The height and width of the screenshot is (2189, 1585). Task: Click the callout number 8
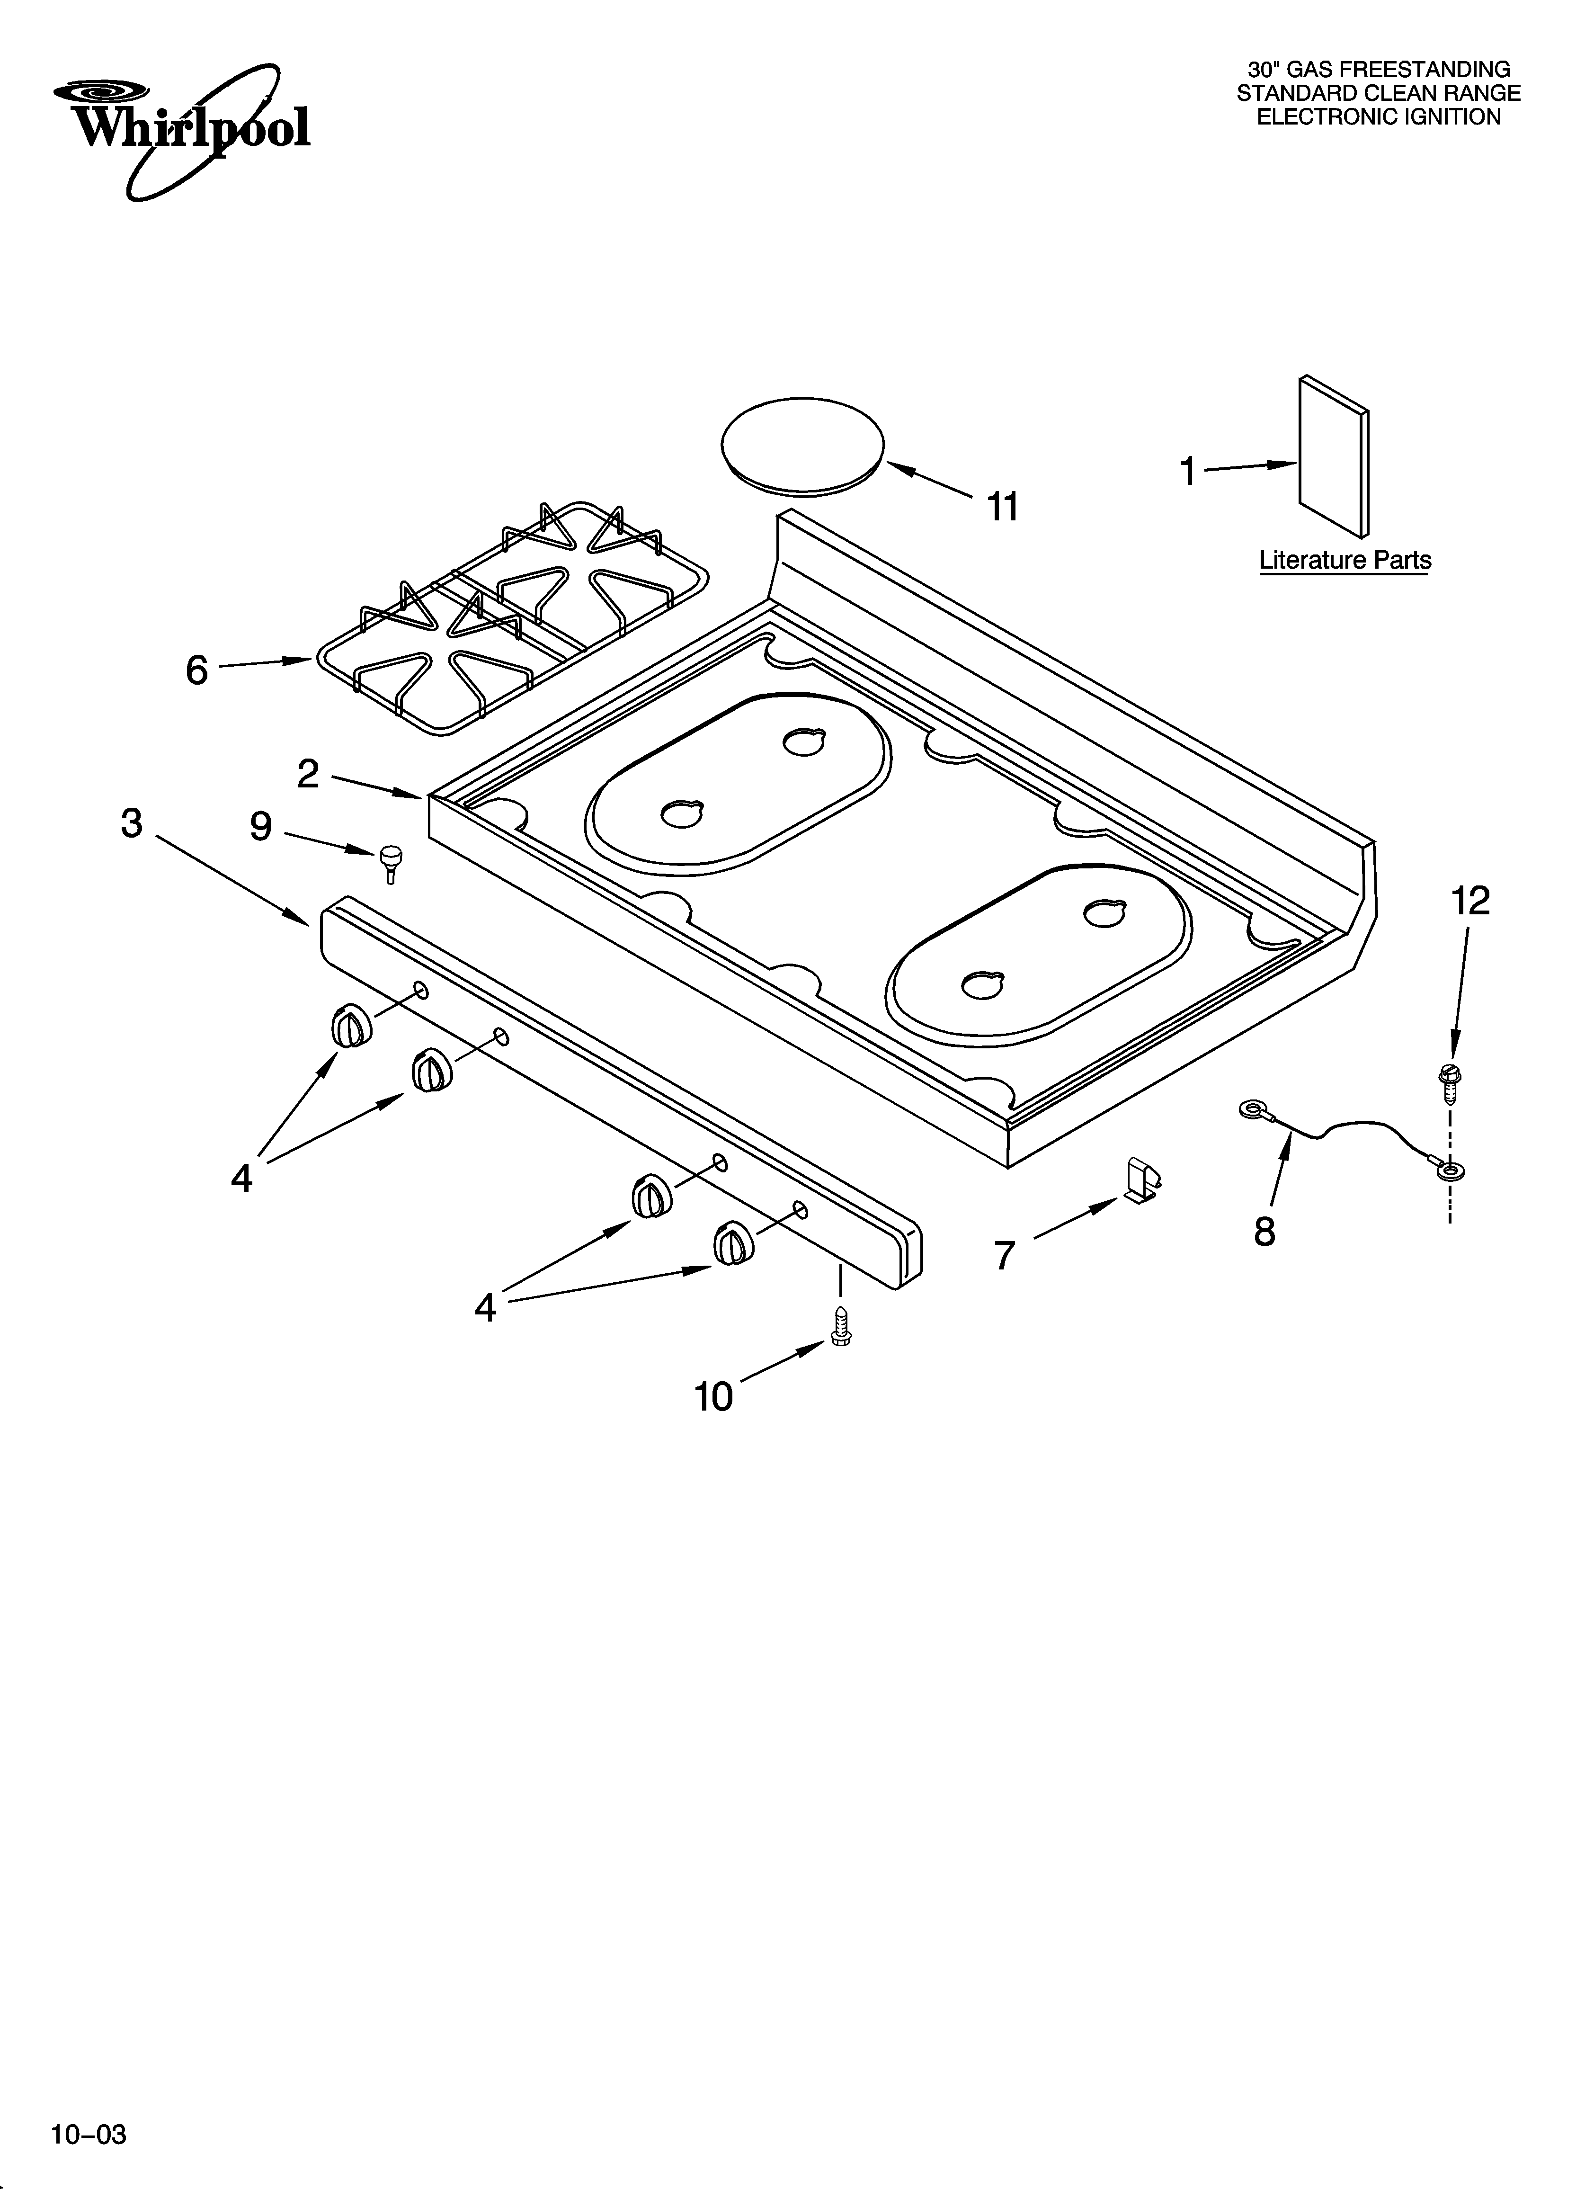(x=1264, y=1233)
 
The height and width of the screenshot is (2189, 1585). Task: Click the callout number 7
(x=1005, y=1256)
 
